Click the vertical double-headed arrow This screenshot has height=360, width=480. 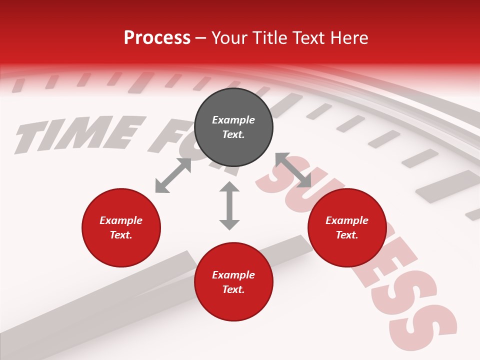tap(229, 205)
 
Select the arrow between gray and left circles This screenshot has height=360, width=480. tap(173, 175)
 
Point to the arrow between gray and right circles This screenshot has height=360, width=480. tap(293, 170)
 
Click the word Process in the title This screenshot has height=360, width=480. tap(157, 37)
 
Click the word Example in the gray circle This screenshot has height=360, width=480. tap(233, 120)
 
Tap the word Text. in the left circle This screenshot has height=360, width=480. tap(121, 235)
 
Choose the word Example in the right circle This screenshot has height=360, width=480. tap(347, 220)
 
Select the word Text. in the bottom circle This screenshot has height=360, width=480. tap(233, 289)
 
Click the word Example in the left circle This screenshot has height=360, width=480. tap(121, 220)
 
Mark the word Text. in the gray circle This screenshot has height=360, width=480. tap(233, 134)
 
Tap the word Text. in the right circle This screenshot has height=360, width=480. tap(347, 235)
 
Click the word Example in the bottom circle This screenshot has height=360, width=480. tap(233, 275)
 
